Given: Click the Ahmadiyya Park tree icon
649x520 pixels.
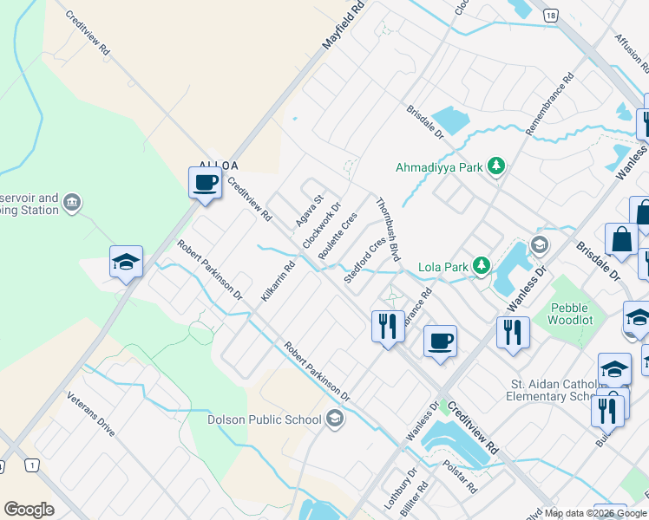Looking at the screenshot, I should click(x=495, y=166).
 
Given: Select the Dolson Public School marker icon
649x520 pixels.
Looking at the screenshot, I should click(x=334, y=420).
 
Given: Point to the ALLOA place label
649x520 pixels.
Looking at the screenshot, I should click(x=218, y=165).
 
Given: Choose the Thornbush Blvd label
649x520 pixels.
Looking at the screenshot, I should click(x=388, y=230).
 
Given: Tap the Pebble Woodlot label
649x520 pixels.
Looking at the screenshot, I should click(x=568, y=314).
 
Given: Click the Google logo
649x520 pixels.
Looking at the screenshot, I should click(x=29, y=509).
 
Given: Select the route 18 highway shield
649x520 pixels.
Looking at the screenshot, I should click(x=550, y=16).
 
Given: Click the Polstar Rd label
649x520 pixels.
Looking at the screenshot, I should click(x=461, y=477).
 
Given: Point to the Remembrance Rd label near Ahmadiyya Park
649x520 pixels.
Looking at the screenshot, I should click(x=550, y=101).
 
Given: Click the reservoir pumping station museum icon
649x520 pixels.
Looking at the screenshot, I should click(x=72, y=205).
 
